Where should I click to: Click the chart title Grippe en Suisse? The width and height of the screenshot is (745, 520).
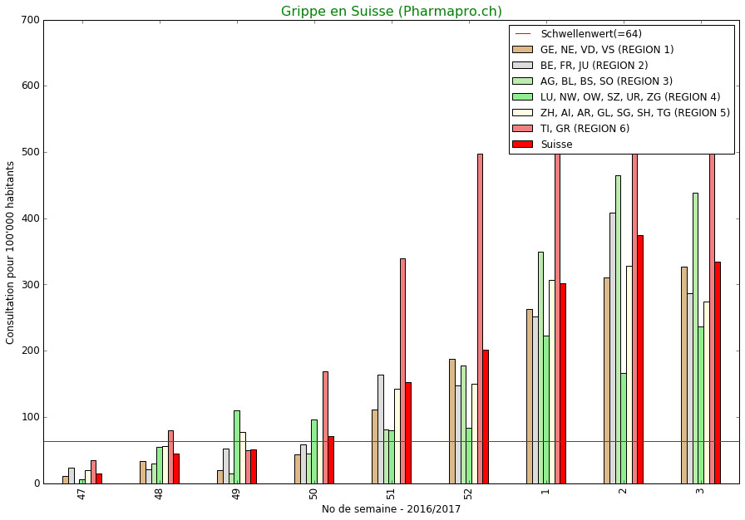click(x=391, y=12)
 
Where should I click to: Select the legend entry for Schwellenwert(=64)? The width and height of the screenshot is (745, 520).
click(x=590, y=34)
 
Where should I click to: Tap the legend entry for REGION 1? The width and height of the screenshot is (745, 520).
click(x=606, y=50)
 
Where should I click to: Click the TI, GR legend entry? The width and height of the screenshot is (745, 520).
click(x=585, y=128)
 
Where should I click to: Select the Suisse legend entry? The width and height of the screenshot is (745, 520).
click(x=556, y=144)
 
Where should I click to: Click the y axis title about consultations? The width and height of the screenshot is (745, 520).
click(x=11, y=253)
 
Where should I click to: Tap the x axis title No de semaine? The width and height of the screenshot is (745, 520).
click(x=391, y=509)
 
